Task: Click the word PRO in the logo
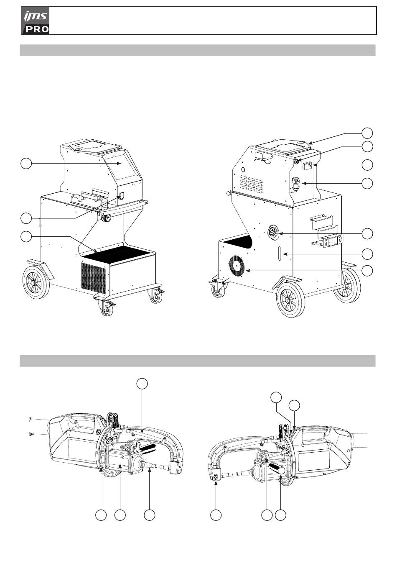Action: point(37,29)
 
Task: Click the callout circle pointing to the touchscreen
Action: point(26,164)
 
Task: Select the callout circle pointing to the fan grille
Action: point(367,271)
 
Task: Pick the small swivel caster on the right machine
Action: point(217,289)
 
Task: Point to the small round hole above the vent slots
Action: point(242,170)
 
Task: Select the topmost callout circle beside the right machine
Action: point(367,133)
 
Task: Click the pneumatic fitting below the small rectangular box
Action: point(295,184)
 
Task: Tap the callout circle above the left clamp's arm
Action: point(143,383)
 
